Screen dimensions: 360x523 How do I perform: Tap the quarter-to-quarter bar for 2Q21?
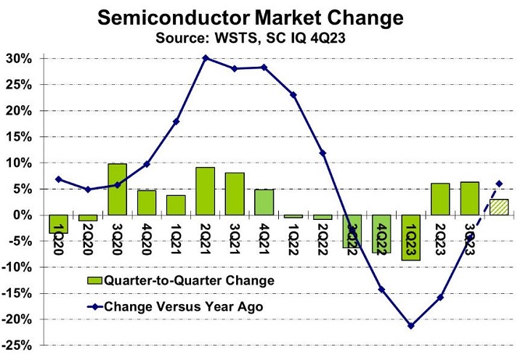(206, 191)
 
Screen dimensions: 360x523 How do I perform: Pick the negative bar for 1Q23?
(410, 237)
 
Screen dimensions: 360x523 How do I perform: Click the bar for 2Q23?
(440, 199)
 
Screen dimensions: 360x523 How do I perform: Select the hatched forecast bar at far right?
(499, 207)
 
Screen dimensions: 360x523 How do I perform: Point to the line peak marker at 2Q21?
(206, 58)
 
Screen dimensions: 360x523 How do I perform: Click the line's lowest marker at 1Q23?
(411, 326)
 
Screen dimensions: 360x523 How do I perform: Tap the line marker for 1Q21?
(177, 121)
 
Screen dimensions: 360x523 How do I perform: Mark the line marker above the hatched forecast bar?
(499, 184)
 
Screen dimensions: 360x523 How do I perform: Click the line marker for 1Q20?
(59, 179)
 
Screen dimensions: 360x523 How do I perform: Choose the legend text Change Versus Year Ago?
(183, 306)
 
